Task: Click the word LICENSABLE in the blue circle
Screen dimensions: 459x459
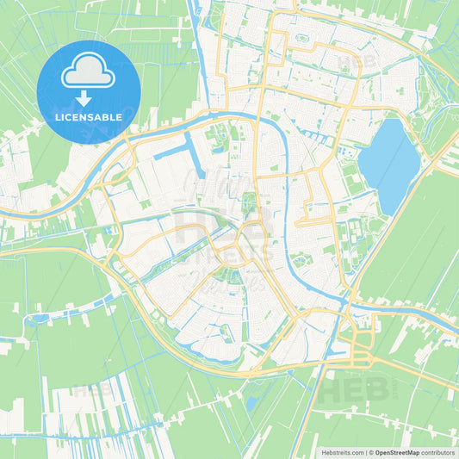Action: click(x=89, y=117)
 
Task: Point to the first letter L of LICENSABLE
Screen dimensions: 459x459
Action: click(x=57, y=117)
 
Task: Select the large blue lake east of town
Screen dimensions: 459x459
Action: click(x=389, y=164)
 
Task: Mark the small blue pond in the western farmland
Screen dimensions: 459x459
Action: click(x=38, y=319)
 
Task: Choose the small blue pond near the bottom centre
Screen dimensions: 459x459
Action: click(x=251, y=402)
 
